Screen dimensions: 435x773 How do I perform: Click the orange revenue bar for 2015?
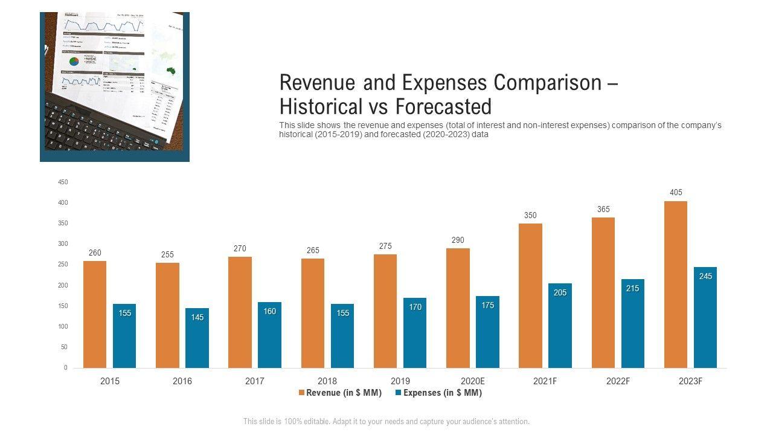95,314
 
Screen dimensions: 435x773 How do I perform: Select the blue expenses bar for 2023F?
705,317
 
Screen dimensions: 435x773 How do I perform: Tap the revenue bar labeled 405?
675,284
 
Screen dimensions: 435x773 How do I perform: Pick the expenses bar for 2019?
415,332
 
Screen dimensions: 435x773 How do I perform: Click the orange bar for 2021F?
530,295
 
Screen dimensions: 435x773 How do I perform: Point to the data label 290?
458,240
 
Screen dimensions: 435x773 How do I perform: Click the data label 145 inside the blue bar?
197,317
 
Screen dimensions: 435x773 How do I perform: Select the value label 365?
603,210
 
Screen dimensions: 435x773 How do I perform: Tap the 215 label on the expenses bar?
632,289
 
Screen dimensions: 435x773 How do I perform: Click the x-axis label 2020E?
473,381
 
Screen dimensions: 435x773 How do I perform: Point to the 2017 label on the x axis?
255,381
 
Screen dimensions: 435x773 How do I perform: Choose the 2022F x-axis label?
618,381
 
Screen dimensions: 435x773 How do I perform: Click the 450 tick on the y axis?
63,182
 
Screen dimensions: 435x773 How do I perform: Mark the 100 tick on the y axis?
63,327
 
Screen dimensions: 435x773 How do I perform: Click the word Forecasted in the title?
443,107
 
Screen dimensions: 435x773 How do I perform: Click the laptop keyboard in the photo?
97,127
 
